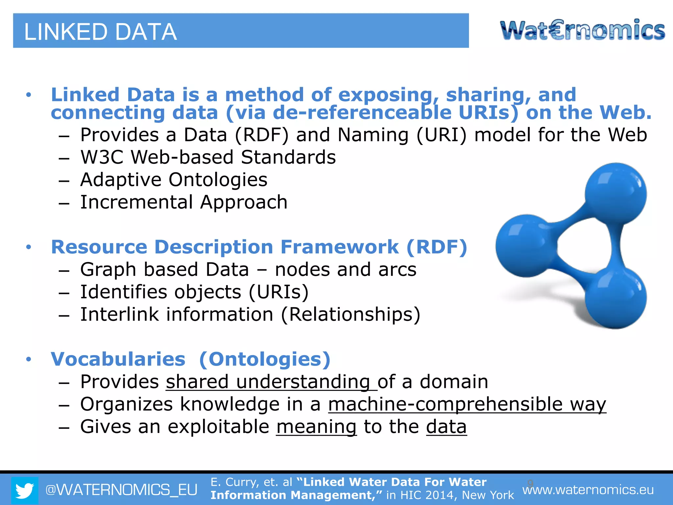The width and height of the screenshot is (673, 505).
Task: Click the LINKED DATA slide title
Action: point(101,32)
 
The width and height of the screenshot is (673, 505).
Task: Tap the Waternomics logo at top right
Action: point(582,30)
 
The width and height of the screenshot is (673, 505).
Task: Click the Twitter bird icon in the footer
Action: point(25,490)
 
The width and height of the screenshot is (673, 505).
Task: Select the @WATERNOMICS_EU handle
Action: point(121,490)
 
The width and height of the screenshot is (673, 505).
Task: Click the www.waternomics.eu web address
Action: point(588,490)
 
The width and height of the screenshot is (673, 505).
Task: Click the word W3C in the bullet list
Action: point(102,157)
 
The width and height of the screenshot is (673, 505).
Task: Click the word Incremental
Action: point(136,202)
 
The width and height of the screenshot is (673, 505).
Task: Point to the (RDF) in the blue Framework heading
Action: point(437,247)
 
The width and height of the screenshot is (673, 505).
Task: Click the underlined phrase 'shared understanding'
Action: point(271,382)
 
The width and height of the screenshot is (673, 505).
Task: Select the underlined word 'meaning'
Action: point(316,427)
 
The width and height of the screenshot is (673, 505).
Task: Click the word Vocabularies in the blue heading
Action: point(118,359)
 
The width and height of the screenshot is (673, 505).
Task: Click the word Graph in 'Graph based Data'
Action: point(108,270)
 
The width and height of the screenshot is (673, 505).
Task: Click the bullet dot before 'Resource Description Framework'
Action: point(29,247)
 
